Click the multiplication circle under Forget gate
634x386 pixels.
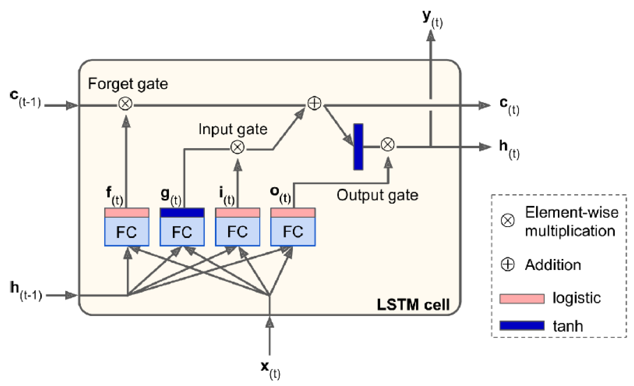[125, 104]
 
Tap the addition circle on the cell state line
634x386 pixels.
[314, 104]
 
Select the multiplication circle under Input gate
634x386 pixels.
[237, 147]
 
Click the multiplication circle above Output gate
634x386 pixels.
[388, 145]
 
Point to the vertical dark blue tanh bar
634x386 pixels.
[358, 147]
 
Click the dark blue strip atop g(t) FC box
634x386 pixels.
[182, 213]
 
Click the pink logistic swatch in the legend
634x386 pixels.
[522, 299]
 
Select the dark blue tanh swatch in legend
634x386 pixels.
[522, 325]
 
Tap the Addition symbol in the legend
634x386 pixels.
[507, 265]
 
